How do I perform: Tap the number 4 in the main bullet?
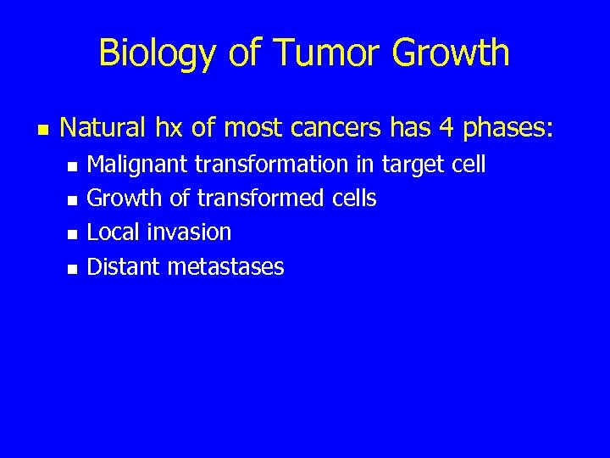[440, 128]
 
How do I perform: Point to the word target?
[414, 165]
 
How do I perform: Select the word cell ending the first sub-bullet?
[468, 164]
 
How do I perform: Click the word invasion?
[188, 232]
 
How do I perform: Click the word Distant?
[125, 266]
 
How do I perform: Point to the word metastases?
[226, 267]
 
